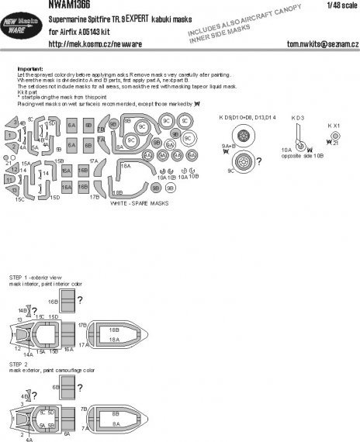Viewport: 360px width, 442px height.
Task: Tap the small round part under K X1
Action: tap(334, 136)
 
